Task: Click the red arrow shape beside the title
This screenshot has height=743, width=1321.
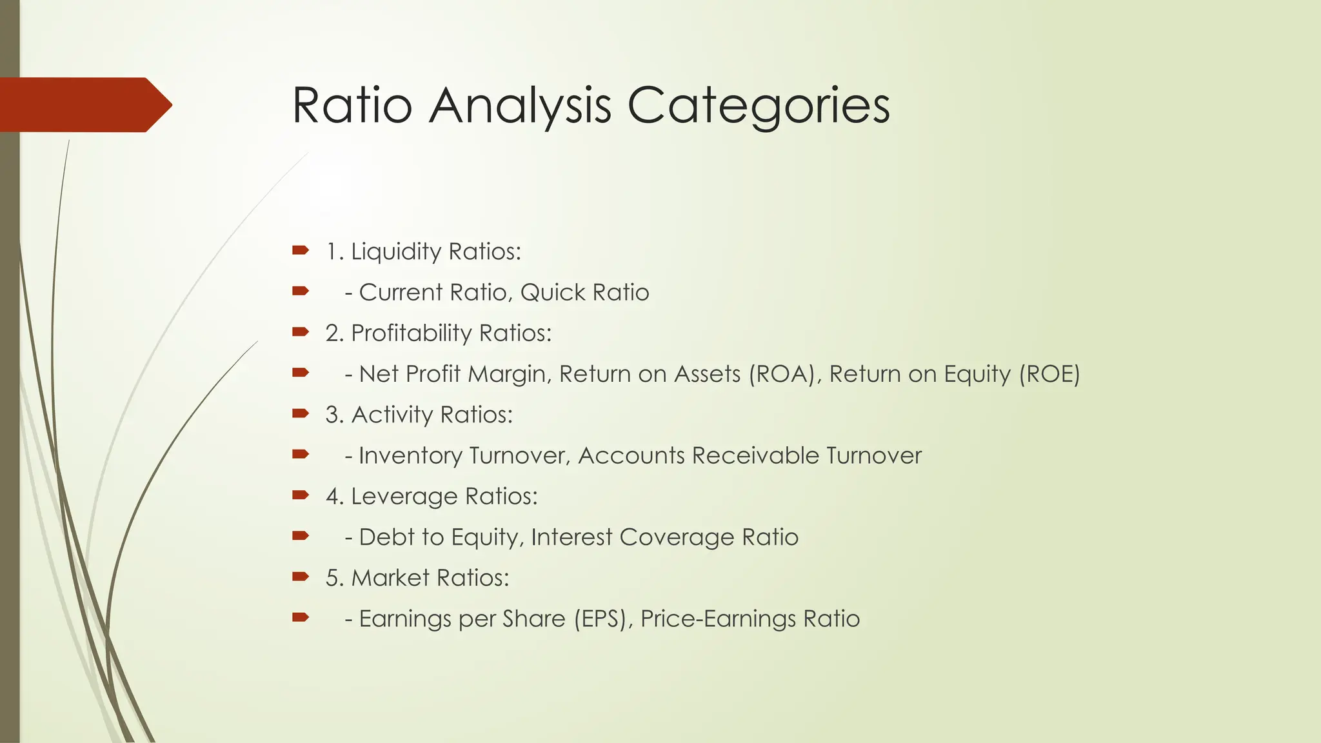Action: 84,104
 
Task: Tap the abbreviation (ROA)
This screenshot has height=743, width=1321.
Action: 782,374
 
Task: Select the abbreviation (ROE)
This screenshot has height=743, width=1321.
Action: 1049,374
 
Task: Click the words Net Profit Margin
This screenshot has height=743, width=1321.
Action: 452,374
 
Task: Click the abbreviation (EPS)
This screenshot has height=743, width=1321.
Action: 601,619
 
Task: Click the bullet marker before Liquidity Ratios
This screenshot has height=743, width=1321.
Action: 300,250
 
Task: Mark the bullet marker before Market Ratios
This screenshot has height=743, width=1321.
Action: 300,577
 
